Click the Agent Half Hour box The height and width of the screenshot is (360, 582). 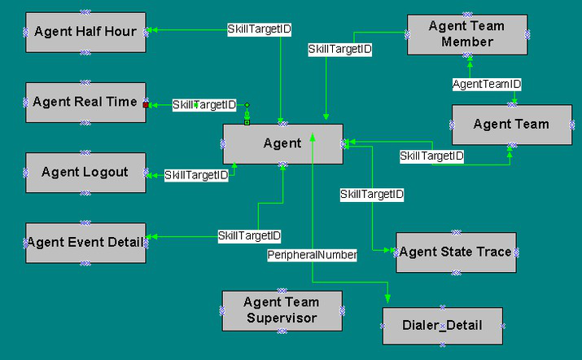pos(85,33)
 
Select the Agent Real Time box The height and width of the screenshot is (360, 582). pos(85,103)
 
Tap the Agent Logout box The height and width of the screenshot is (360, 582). pos(85,173)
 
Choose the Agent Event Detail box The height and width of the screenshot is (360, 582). pos(85,243)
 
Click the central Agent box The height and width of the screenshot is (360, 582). pos(282,144)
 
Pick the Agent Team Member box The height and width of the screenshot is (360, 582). pos(467,35)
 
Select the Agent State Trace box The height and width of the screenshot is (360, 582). pos(456,252)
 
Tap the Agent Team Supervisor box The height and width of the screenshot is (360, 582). pos(282,311)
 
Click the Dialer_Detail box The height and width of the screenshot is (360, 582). pos(443,326)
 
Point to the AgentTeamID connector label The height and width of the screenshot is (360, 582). pos(487,85)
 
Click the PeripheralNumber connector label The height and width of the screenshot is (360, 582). pos(312,255)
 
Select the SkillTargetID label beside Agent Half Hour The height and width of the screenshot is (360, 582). pos(259,29)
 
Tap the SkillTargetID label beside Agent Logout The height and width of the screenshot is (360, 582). pos(196,175)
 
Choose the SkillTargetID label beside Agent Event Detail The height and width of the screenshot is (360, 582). pos(249,236)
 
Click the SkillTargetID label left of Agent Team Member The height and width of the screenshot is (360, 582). pos(340,49)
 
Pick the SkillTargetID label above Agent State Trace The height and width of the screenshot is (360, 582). pos(372,195)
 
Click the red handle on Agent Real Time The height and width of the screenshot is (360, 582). pos(146,105)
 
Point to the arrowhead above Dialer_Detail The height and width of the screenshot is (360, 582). pos(387,298)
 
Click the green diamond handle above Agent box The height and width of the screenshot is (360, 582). pos(247,105)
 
